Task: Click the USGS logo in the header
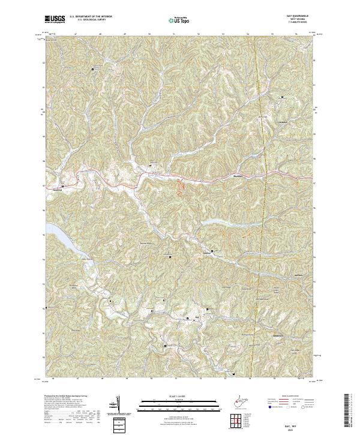coord(55,19)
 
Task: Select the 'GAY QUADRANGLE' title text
coord(293,16)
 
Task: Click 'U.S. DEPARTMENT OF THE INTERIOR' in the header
coord(91,16)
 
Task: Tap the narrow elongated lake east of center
coord(216,222)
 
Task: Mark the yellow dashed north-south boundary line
coord(259,180)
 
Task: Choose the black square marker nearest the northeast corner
coord(281,96)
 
